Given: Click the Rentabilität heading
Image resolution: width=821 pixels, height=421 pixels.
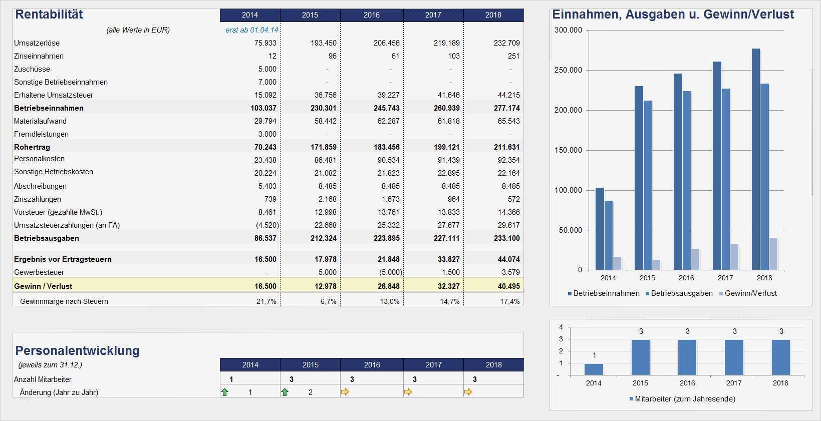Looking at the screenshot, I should [x=49, y=15].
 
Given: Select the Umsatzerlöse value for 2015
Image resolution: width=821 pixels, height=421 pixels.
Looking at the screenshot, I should [x=323, y=43].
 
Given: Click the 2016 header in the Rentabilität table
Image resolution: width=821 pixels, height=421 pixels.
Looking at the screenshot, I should [x=371, y=15].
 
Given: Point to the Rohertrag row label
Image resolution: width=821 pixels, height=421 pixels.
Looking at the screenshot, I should [x=32, y=147].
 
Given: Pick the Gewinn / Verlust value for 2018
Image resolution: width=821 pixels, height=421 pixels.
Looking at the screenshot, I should [x=506, y=286].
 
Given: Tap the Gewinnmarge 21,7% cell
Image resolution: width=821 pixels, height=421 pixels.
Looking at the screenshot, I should [x=266, y=301].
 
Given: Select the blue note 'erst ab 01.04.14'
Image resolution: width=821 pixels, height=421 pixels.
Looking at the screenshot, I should [x=251, y=30].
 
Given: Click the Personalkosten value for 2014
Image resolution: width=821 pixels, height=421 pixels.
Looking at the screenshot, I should [x=265, y=160].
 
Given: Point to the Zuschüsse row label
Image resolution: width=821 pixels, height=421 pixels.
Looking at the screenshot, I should [x=32, y=69].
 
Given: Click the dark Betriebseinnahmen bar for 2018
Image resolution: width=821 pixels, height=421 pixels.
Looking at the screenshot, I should [x=755, y=159].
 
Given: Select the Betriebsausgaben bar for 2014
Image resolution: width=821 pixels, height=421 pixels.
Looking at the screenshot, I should [x=609, y=235].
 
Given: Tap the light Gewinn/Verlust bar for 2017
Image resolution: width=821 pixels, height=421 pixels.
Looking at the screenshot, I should [x=734, y=257].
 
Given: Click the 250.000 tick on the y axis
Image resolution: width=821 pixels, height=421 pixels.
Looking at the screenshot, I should [x=568, y=70].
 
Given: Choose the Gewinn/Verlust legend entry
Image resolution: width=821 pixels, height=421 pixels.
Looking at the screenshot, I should [x=748, y=293].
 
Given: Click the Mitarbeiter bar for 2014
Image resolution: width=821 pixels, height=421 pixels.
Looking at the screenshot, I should [x=594, y=369].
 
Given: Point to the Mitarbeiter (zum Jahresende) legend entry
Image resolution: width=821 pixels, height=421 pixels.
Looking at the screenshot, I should [x=682, y=399].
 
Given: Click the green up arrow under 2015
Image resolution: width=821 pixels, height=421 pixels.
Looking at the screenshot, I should [x=285, y=392].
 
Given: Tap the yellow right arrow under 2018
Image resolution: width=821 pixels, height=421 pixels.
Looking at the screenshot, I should [x=468, y=392].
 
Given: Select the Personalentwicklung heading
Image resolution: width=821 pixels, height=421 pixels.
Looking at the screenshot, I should [x=77, y=350].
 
